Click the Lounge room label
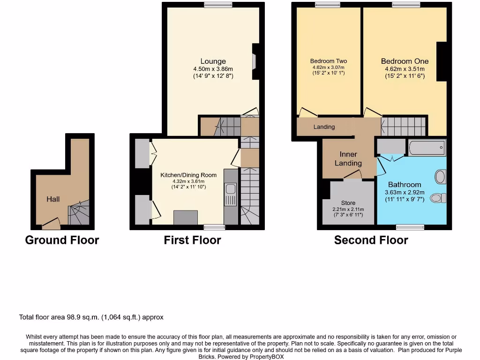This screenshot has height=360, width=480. [x=213, y=61]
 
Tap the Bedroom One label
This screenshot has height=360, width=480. [x=405, y=61]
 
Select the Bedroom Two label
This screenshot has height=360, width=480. [x=329, y=61]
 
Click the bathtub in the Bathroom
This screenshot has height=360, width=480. [x=427, y=148]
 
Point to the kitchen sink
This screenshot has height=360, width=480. [x=230, y=189]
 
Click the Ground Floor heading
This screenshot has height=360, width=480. [x=62, y=240]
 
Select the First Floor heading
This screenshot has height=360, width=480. [x=192, y=240]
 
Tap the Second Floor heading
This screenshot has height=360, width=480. [x=371, y=240]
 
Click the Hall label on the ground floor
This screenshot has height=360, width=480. [x=53, y=199]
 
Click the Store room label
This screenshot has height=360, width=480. [x=348, y=203]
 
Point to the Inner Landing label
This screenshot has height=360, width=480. [x=348, y=158]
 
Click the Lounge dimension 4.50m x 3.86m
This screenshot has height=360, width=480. [x=213, y=69]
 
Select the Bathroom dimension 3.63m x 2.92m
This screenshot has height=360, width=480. [x=405, y=192]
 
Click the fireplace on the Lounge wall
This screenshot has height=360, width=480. [x=254, y=61]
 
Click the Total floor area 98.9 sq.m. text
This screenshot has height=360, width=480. [x=91, y=317]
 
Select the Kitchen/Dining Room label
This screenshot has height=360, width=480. [x=188, y=175]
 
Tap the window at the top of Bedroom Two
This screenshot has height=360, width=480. [x=328, y=5]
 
